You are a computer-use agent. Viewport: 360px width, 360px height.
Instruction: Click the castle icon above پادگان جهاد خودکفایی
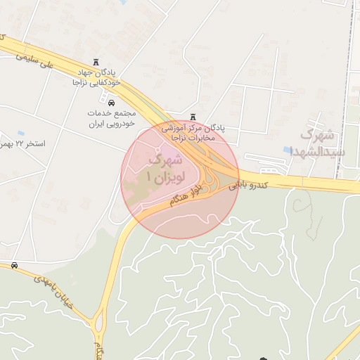(x=96, y=63)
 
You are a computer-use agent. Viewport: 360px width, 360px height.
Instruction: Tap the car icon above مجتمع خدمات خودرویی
(x=111, y=103)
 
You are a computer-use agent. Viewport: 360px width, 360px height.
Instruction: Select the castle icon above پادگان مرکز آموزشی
(x=193, y=117)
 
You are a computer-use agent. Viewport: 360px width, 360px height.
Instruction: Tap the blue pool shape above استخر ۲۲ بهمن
(x=20, y=132)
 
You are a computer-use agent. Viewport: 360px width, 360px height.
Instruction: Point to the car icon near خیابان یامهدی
(x=14, y=265)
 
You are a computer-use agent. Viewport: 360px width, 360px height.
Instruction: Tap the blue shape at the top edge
(x=124, y=2)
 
